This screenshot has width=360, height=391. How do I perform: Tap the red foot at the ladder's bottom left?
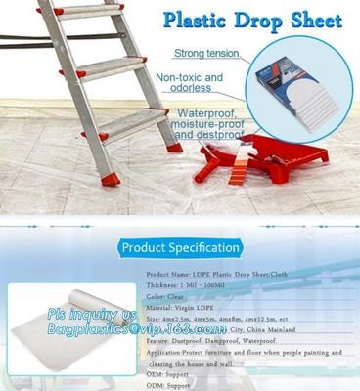coord(111,179)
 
